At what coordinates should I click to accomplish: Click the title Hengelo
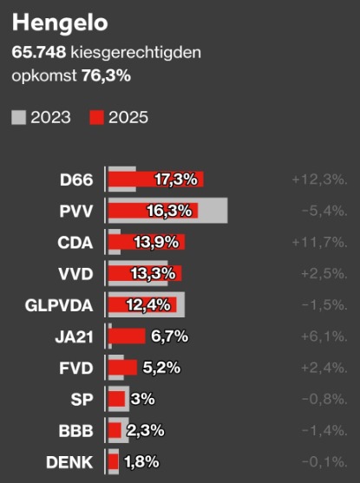pos(54,23)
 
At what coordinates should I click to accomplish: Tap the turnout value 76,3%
pos(106,75)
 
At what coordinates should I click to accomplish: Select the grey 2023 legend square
pos(19,117)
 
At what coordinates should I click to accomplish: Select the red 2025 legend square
pos(97,117)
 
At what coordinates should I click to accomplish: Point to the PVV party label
pos(76,212)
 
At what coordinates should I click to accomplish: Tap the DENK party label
pos(70,461)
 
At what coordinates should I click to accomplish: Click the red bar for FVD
pos(122,368)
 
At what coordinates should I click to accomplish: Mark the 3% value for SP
pos(142,399)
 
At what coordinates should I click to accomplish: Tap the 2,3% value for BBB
pos(144,430)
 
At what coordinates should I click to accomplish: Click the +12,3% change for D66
pos(319,180)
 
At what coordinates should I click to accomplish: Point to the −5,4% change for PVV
pos(324,212)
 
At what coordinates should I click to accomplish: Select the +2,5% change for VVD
pos(324,274)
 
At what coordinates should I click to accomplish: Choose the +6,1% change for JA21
pos(324,336)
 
